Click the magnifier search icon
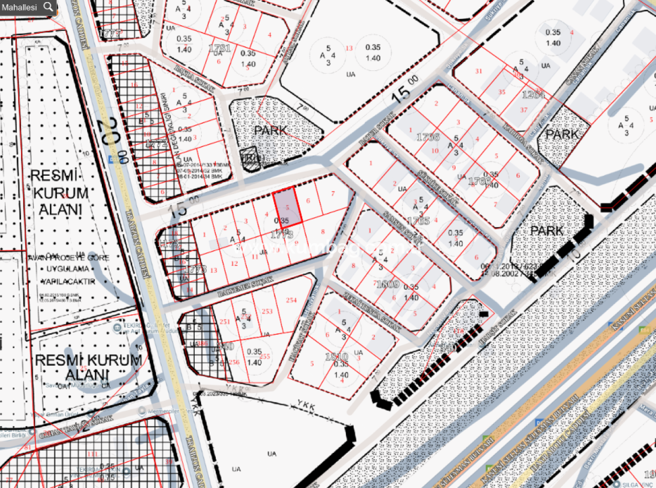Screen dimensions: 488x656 tap(48, 7)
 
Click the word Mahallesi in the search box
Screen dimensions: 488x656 tap(19, 7)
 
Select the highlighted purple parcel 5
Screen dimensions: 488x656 tap(288, 208)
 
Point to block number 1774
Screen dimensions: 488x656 tap(156, 142)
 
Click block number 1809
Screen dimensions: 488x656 tap(387, 285)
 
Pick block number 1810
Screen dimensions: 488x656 tap(336, 356)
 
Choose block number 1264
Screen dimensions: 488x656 tap(534, 95)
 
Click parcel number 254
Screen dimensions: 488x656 tap(291, 300)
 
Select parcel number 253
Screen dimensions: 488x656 tap(267, 311)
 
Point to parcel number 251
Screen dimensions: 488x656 tap(225, 322)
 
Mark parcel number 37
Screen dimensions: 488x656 tap(524, 109)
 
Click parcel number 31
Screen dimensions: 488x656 tap(478, 71)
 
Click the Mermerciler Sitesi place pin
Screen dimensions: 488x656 tap(141, 412)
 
